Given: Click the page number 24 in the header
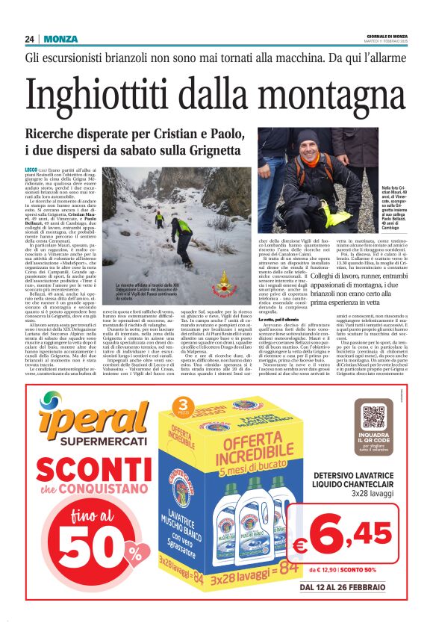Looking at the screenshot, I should [29, 40].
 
